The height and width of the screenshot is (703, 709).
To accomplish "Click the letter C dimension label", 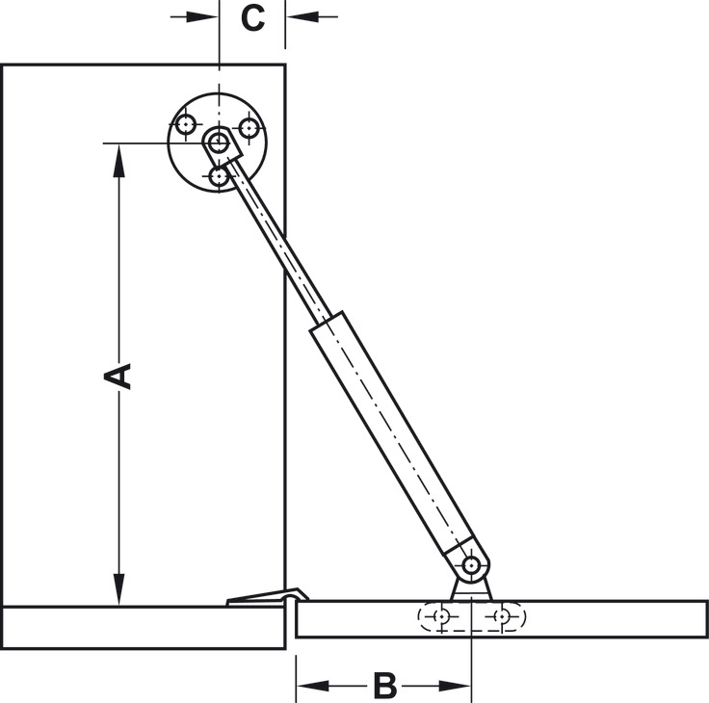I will tap(252, 17).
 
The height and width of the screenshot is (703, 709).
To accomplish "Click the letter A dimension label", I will tap(118, 375).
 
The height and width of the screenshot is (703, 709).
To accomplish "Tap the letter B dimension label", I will tap(384, 687).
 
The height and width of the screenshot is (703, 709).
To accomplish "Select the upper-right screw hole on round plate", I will tap(249, 126).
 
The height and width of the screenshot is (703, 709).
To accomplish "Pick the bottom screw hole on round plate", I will tap(220, 176).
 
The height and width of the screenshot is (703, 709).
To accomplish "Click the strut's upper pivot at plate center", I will tap(220, 144).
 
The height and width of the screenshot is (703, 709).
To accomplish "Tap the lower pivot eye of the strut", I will tap(471, 564).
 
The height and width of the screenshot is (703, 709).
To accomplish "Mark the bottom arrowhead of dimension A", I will tap(118, 588).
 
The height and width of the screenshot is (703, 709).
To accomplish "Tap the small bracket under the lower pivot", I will tap(471, 589).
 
